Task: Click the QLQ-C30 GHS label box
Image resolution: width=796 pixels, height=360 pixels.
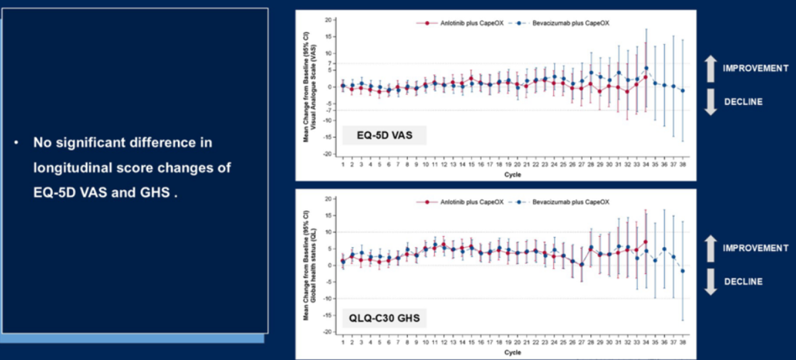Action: click(x=383, y=316)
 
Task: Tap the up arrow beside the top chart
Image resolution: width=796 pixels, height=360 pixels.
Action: click(x=709, y=68)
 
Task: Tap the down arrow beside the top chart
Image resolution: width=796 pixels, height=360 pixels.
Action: click(x=709, y=102)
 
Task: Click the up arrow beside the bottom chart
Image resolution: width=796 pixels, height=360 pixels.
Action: click(x=709, y=248)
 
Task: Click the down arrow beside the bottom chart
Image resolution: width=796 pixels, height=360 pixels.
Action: click(x=709, y=282)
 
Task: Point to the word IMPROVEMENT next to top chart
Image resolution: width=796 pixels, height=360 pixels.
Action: click(x=755, y=68)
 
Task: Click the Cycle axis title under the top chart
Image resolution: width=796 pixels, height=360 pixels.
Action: click(x=513, y=174)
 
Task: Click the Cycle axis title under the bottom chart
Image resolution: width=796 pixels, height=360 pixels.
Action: click(x=513, y=353)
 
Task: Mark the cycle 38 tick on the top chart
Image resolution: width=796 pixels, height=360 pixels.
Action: click(x=682, y=164)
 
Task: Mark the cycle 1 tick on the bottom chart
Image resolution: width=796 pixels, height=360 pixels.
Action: click(x=343, y=343)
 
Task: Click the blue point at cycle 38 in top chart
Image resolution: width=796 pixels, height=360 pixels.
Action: click(x=682, y=91)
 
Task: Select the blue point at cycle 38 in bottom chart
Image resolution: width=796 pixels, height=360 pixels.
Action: click(x=682, y=271)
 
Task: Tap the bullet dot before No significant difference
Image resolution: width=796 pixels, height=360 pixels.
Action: click(x=16, y=143)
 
